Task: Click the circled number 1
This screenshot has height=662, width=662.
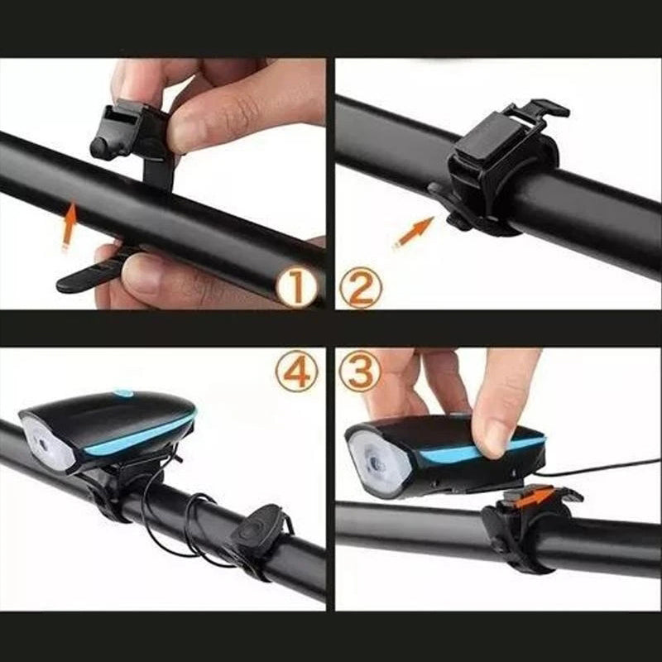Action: (x=297, y=288)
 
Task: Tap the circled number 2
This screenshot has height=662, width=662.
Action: (x=361, y=288)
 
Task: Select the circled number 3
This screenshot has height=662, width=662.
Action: (x=360, y=371)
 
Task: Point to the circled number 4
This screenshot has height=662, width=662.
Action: (x=296, y=371)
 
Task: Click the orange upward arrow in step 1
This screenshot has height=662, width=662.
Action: (x=70, y=226)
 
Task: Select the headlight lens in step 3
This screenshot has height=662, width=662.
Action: (x=379, y=464)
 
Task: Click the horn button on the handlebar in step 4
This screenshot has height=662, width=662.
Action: (x=257, y=530)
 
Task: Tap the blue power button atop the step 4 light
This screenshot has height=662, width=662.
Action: (x=122, y=394)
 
